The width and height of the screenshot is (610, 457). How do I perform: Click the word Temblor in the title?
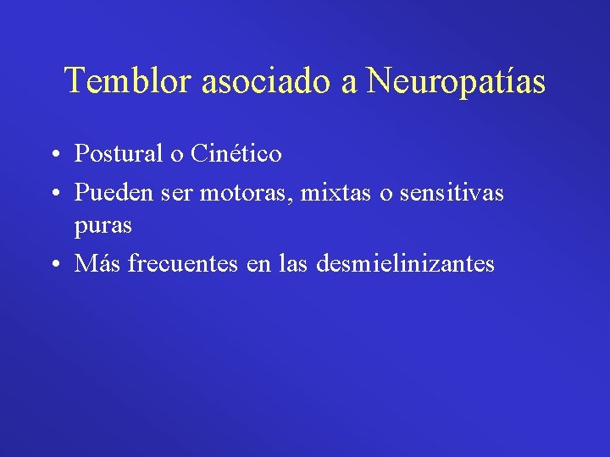pos(129,81)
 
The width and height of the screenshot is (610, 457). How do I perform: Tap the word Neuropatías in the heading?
pos(456,81)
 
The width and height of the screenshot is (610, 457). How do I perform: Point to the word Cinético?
pos(236,154)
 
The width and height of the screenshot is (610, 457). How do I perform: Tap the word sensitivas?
pos(451,193)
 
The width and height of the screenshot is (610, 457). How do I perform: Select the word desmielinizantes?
pos(405,264)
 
